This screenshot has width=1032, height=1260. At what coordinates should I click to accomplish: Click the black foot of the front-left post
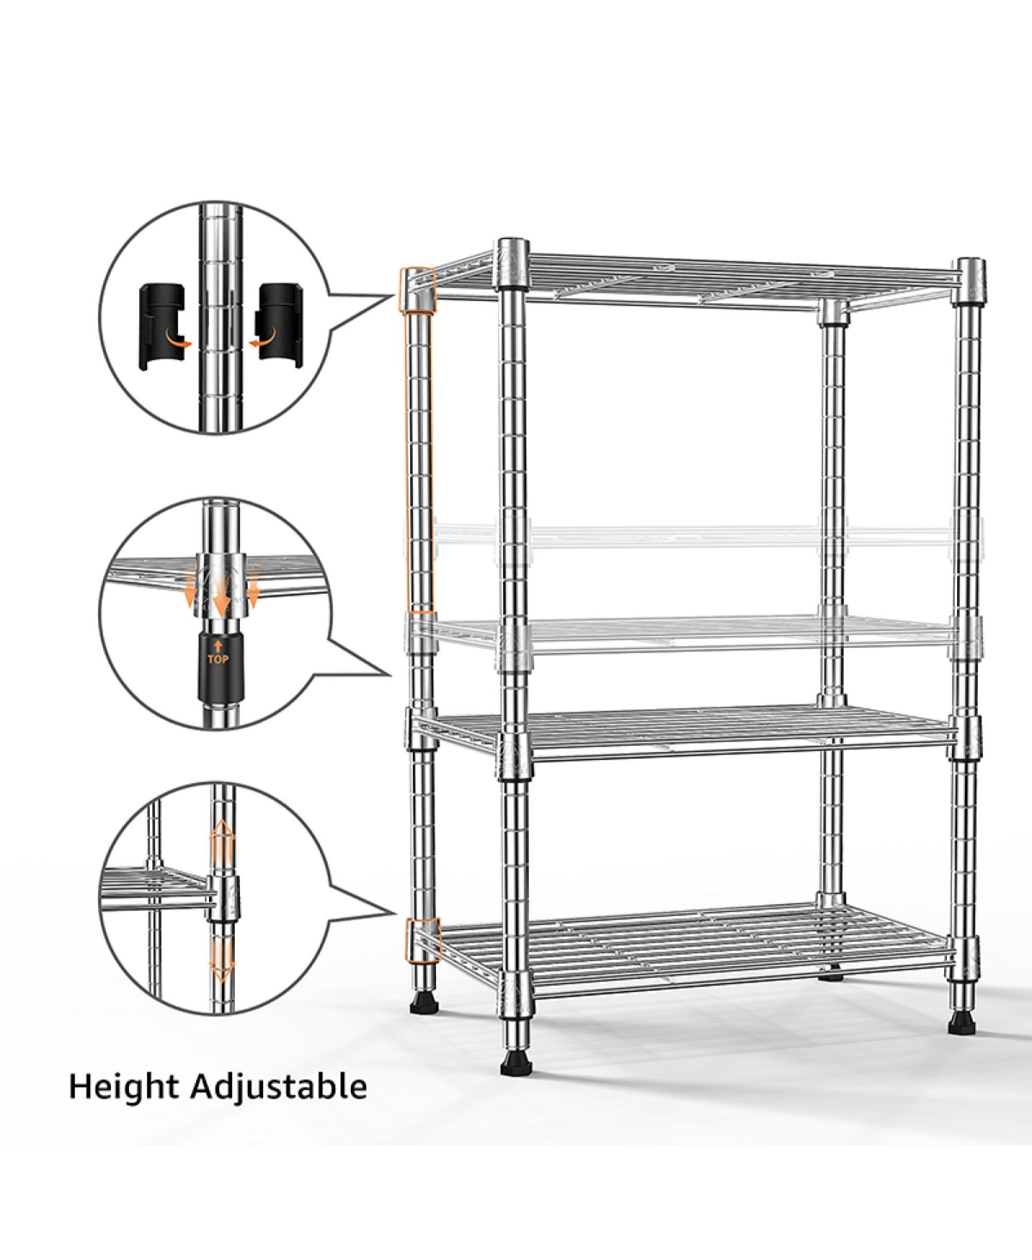(516, 1062)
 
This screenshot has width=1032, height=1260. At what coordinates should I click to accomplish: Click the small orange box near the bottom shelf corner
(421, 939)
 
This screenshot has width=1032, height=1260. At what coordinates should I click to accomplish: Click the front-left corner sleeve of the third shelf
(513, 746)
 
